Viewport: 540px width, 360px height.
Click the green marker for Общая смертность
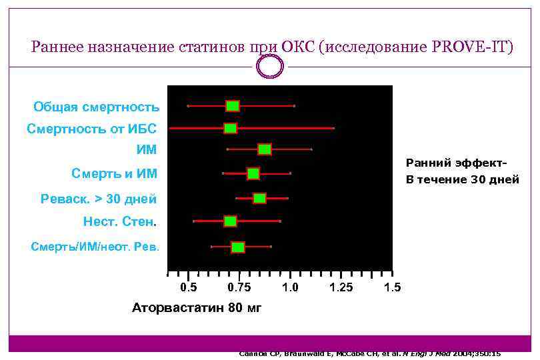[x=233, y=106]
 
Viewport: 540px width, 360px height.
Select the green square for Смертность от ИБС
[x=231, y=128]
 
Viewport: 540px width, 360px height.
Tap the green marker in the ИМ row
[x=265, y=149]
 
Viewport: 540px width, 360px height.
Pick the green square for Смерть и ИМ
[x=253, y=174]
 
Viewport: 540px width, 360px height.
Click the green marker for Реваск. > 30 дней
[x=259, y=198]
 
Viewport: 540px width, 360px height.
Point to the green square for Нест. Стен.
[x=231, y=221]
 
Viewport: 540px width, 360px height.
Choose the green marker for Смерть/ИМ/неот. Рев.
[x=238, y=247]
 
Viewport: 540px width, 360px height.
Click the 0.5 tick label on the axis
[x=189, y=288]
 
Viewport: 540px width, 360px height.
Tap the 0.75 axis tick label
[x=239, y=288]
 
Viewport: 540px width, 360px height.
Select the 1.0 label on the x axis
[x=290, y=288]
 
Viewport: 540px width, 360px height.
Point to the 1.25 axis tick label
[x=341, y=288]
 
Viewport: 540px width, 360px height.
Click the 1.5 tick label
[x=393, y=288]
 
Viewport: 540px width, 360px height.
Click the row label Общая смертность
[x=97, y=107]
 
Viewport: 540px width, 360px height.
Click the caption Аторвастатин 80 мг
[x=197, y=308]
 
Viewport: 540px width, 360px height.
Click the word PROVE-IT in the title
[x=472, y=47]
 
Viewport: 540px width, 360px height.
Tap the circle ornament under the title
[x=270, y=67]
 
